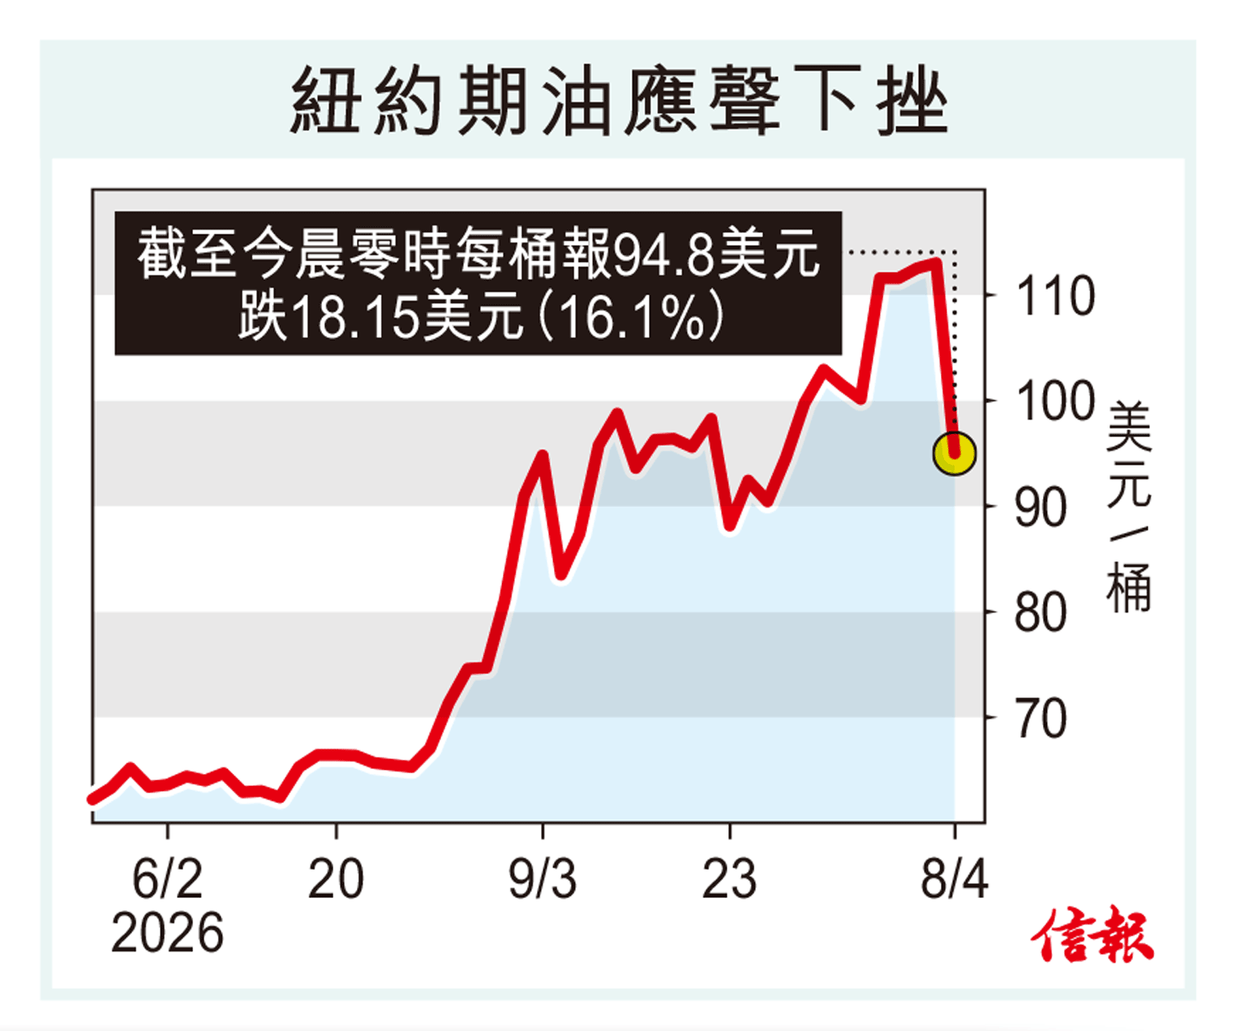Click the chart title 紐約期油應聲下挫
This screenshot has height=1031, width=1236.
(618, 101)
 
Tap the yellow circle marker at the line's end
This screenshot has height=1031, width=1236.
(955, 453)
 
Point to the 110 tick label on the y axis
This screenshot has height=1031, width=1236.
(1055, 296)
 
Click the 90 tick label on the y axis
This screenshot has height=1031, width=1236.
(1041, 508)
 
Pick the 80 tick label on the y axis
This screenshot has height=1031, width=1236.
(1041, 613)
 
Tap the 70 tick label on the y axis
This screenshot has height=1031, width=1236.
(1041, 719)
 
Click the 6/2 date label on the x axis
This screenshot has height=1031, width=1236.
(167, 878)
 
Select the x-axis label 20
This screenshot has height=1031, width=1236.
(336, 878)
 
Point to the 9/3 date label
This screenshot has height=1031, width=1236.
(543, 878)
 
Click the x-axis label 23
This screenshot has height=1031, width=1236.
(729, 878)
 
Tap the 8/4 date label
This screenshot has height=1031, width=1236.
(955, 878)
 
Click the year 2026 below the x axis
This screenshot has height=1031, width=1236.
(167, 933)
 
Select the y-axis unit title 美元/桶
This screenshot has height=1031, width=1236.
(1129, 507)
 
